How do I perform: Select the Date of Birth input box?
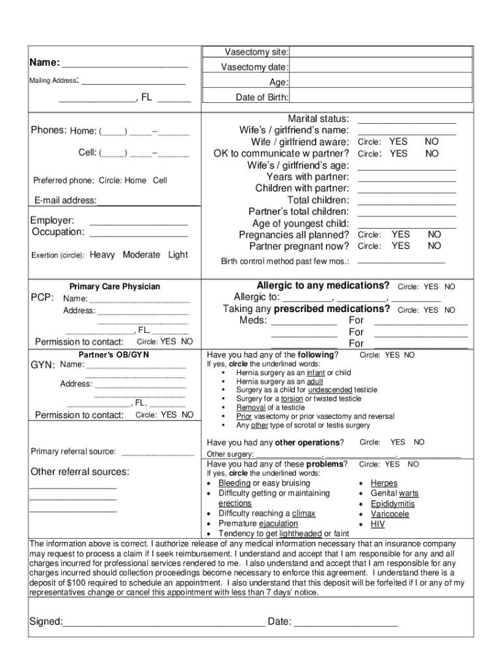(381, 97)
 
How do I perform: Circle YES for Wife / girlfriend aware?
(398, 142)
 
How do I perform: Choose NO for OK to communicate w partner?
(432, 154)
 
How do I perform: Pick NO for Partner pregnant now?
(434, 246)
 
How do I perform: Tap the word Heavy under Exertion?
(102, 255)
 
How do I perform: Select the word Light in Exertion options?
(178, 255)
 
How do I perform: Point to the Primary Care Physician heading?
(115, 287)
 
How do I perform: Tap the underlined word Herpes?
(384, 483)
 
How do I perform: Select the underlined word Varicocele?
(390, 514)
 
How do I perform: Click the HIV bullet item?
(377, 524)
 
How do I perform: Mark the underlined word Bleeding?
(234, 483)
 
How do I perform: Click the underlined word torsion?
(291, 399)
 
